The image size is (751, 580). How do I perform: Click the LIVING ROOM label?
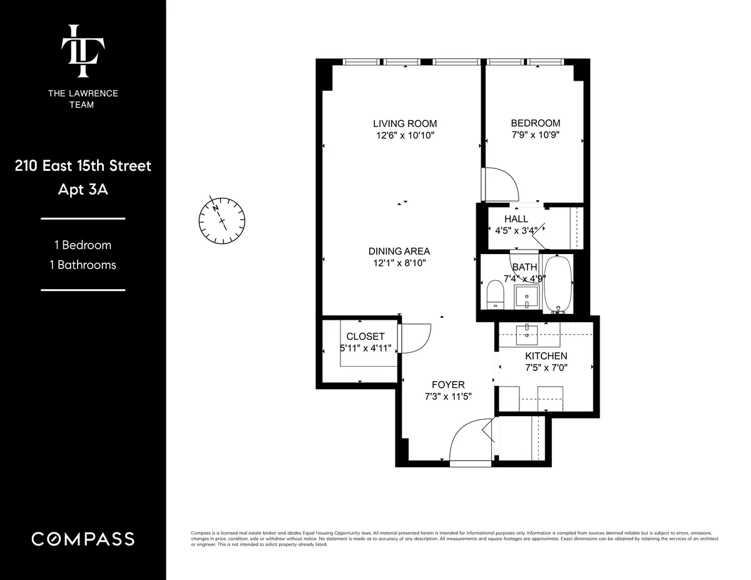point(405,123)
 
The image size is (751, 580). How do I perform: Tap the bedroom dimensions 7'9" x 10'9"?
point(535,135)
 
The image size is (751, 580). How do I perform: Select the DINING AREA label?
point(399,251)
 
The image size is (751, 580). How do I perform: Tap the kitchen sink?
point(529,331)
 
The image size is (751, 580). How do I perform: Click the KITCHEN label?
point(546,355)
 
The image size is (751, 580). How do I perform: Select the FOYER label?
point(448,384)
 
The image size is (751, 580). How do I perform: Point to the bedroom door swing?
point(501,183)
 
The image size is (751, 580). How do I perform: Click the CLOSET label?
point(365,336)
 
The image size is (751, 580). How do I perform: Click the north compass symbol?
point(222,220)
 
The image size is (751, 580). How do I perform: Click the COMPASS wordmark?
point(83,539)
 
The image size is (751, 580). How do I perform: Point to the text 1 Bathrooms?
point(83,265)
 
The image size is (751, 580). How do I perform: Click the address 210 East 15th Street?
point(83,166)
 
